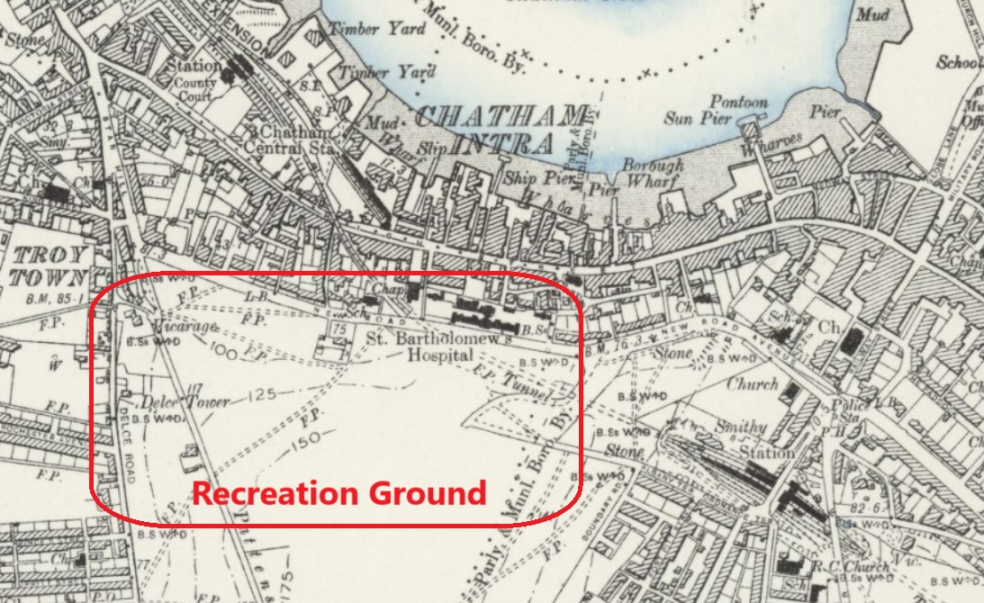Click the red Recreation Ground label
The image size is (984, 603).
(x=339, y=493)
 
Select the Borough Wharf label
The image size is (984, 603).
(x=652, y=175)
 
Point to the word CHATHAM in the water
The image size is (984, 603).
(x=502, y=116)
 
